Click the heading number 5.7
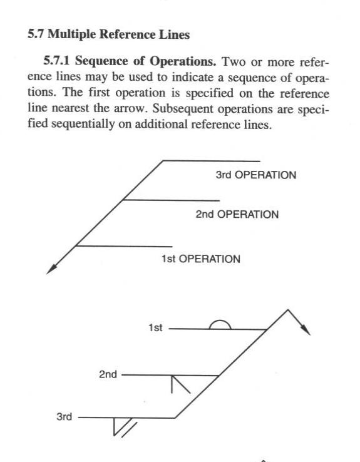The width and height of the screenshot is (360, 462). tap(36, 34)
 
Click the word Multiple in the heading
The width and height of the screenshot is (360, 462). tap(72, 35)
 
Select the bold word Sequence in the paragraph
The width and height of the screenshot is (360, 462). tap(102, 61)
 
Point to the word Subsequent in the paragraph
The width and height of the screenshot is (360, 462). tap(183, 109)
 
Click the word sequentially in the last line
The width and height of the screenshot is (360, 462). tap(83, 125)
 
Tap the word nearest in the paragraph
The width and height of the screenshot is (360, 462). tap(70, 108)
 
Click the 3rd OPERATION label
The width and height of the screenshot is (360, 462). tap(255, 175)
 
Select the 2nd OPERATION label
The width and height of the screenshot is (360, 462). tap(237, 214)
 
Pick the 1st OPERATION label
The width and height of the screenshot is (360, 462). tap(200, 259)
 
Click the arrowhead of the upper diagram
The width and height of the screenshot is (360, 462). tap(51, 269)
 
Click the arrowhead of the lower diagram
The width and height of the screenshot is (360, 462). tap(305, 330)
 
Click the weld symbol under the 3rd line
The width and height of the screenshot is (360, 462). tap(125, 427)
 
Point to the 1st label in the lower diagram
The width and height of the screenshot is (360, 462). tap(155, 328)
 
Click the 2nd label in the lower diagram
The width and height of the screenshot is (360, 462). tap(108, 374)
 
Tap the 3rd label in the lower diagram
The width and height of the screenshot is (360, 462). tap(64, 417)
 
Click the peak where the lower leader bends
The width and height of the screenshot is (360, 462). tap(288, 310)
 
